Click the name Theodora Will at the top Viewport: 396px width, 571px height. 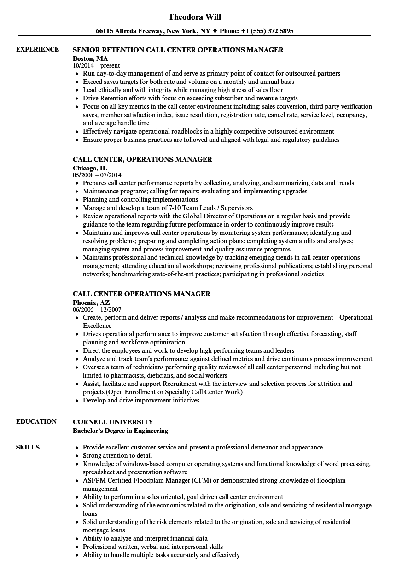tap(194, 17)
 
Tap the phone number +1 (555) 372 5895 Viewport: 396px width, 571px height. tap(267, 31)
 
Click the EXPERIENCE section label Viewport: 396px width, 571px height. tap(37, 49)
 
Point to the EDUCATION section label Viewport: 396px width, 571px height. tap(36, 421)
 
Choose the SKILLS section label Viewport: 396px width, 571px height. tap(28, 447)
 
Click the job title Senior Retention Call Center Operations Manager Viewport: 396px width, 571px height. tap(178, 50)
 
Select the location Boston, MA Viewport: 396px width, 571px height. tap(90, 58)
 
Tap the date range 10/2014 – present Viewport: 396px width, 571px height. tap(96, 66)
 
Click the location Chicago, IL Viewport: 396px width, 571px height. tap(90, 168)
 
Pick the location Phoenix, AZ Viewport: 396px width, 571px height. tap(91, 303)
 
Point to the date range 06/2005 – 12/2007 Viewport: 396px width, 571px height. tap(97, 310)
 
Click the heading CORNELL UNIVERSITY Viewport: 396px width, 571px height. tap(113, 422)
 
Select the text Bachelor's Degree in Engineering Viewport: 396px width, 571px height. tap(121, 431)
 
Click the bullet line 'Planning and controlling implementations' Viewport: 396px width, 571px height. tap(140, 199)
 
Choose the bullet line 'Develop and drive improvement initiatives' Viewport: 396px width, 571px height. tap(141, 400)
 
